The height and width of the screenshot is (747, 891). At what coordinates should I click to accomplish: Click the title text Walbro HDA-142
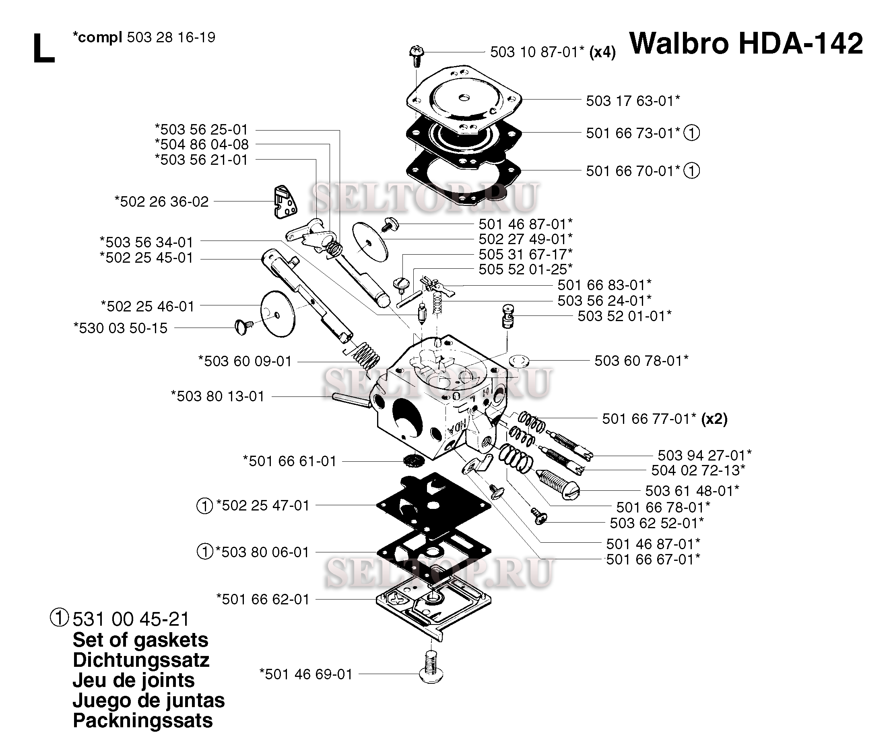(746, 44)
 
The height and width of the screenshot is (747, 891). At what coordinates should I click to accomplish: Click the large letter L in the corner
(44, 49)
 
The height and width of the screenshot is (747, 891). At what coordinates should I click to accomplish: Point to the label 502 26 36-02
(162, 201)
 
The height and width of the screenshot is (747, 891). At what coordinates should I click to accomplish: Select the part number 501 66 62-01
(263, 599)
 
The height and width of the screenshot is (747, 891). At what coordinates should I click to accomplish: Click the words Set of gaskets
(140, 640)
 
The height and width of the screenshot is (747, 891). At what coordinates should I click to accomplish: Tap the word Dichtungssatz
(141, 660)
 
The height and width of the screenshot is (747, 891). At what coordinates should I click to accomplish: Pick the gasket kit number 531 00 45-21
(131, 619)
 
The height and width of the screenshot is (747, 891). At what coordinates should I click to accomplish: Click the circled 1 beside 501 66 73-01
(692, 133)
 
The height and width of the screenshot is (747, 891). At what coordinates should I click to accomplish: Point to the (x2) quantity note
(714, 419)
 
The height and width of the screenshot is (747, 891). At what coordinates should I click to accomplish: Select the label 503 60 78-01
(641, 361)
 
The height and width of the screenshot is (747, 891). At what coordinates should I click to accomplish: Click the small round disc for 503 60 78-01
(518, 362)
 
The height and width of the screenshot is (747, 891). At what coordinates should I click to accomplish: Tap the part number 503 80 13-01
(218, 396)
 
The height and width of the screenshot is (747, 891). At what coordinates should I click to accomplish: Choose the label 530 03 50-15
(120, 328)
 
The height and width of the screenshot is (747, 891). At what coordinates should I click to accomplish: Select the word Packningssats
(142, 721)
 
